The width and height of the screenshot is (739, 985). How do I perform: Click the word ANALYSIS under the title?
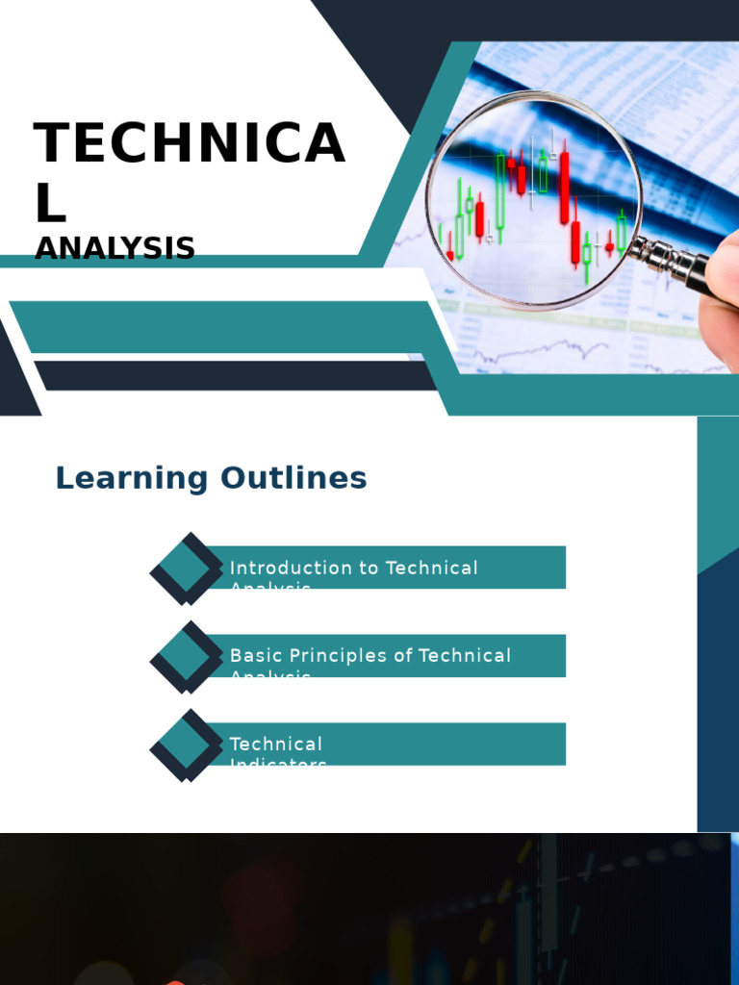tap(115, 248)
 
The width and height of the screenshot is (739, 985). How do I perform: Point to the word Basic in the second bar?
tap(250, 656)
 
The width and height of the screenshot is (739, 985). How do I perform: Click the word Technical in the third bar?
tap(275, 744)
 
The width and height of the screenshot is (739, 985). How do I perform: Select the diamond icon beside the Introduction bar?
tap(187, 568)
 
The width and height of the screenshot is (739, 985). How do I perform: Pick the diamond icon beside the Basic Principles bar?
tap(187, 657)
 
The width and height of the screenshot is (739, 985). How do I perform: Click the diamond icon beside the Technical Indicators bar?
tap(187, 745)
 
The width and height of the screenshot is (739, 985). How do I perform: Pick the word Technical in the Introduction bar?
tap(431, 568)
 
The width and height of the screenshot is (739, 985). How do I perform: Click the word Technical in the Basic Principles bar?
tap(465, 656)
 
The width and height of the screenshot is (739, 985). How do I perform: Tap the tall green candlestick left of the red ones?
tap(500, 190)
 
